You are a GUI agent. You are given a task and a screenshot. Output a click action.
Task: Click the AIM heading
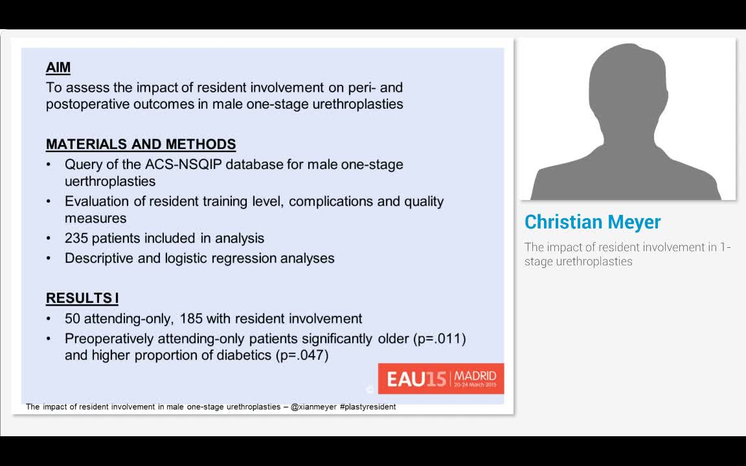click(x=58, y=67)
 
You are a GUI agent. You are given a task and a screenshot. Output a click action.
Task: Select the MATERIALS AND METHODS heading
click(x=141, y=144)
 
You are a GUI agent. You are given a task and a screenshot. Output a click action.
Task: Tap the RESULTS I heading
click(x=82, y=298)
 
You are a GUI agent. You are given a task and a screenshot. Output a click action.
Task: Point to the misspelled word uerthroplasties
click(x=110, y=181)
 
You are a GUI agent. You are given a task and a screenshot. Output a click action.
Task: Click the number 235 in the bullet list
click(x=76, y=238)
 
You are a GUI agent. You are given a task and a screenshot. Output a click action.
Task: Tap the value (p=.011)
click(x=439, y=338)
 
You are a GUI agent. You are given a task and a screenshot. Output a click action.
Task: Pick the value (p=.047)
click(x=302, y=355)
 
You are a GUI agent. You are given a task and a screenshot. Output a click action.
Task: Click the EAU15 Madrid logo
click(x=440, y=379)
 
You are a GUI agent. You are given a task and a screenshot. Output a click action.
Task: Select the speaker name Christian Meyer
click(x=593, y=222)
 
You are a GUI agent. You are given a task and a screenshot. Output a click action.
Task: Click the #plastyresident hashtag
click(x=367, y=407)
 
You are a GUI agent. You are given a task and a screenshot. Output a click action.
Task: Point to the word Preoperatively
click(x=109, y=338)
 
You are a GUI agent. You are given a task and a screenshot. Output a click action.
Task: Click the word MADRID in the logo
click(x=475, y=375)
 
